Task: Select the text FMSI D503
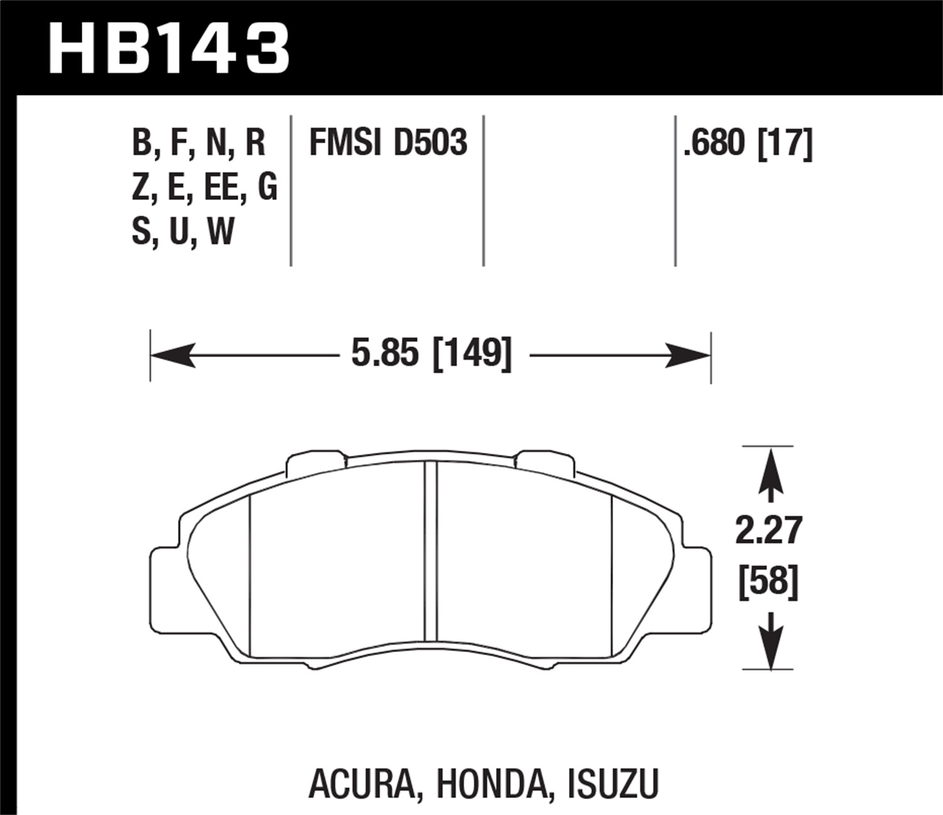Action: pos(388,143)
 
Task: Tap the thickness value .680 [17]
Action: pos(748,143)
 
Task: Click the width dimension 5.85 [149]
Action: pos(431,354)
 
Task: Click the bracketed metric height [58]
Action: pos(768,582)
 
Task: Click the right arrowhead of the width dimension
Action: pos(690,355)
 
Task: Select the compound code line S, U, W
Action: pos(182,231)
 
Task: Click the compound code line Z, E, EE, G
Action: pos(204,187)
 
